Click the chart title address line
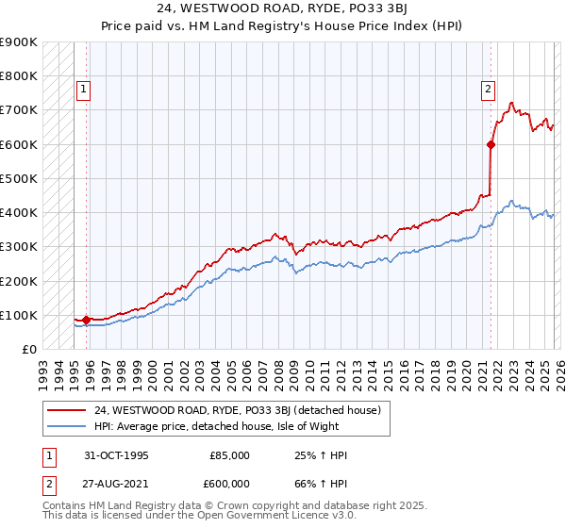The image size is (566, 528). tap(283, 10)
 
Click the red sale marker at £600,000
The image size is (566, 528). tap(491, 144)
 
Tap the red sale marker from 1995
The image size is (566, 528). tap(86, 320)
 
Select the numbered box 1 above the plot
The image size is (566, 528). tap(83, 90)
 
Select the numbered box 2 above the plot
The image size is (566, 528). tap(488, 90)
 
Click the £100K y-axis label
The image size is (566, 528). tap(21, 315)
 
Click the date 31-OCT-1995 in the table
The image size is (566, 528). tap(117, 455)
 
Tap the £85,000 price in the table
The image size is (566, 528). tap(229, 455)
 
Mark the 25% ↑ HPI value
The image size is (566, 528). tap(321, 455)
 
